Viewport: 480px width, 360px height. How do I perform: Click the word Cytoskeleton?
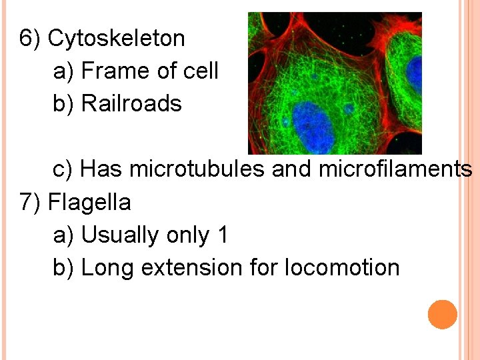coord(117,39)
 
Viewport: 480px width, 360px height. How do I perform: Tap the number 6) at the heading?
coord(31,39)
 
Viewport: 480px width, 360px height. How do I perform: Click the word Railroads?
coord(131,104)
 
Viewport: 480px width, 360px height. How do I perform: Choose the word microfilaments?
coord(395,169)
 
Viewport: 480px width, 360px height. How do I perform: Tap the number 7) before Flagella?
coord(31,202)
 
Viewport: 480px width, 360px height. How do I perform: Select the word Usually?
coord(119,235)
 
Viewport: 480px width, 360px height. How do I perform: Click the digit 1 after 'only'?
coord(222,235)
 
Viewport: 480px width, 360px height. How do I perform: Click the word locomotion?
coord(342,268)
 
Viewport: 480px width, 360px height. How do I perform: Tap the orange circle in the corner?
coord(443,314)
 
